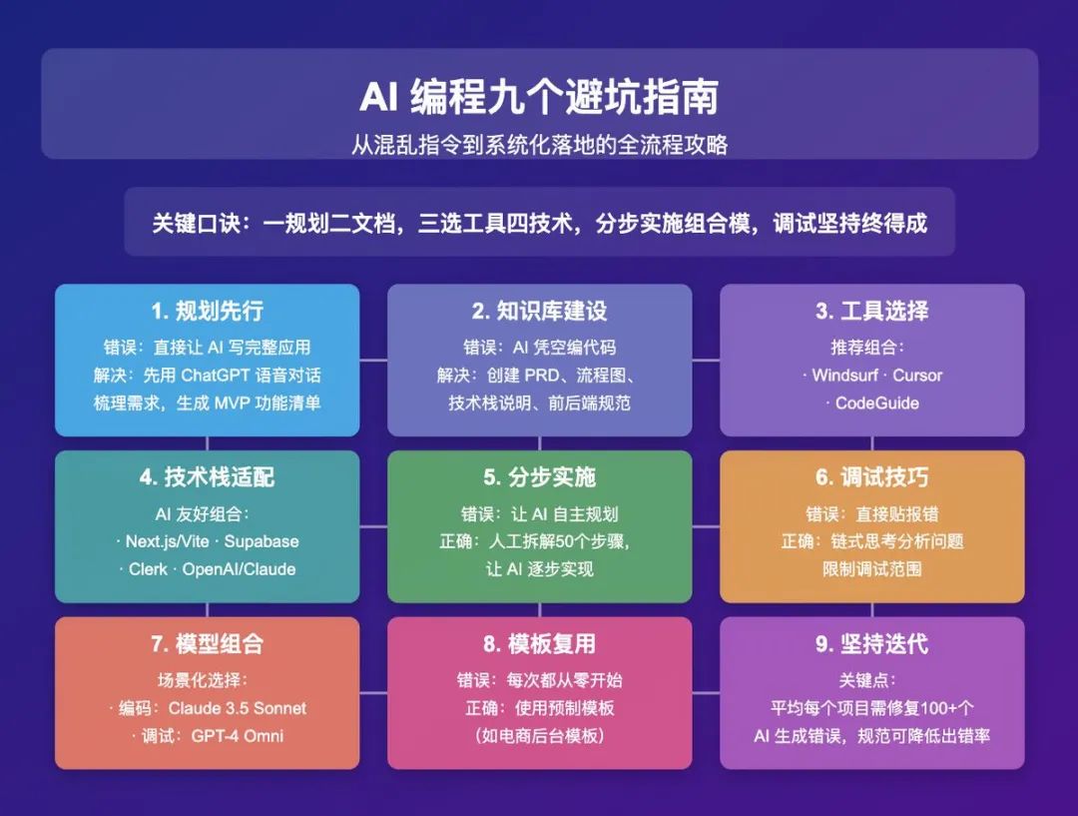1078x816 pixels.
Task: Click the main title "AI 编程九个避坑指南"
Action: point(539,96)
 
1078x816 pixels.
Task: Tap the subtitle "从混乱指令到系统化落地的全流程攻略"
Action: point(539,145)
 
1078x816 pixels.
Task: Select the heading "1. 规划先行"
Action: point(207,311)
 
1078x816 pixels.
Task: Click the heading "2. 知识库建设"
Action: point(539,311)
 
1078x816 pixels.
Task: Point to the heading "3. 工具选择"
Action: point(871,311)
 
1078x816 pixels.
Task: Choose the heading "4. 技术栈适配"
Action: point(207,476)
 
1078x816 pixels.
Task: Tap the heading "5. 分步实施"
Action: point(539,476)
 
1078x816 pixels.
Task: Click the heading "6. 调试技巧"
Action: point(871,476)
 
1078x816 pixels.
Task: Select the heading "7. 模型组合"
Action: point(207,644)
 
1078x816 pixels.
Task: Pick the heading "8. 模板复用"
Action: point(539,644)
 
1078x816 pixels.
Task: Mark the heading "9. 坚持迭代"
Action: point(871,644)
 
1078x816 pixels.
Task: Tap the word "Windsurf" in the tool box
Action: point(845,375)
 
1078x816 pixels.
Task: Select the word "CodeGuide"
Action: point(876,404)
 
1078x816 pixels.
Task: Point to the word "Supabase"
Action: point(262,541)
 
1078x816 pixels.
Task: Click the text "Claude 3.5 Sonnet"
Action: point(238,708)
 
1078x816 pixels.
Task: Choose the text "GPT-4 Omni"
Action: point(238,735)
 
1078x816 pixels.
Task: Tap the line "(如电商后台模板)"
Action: point(540,735)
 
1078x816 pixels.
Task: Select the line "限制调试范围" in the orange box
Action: point(871,569)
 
